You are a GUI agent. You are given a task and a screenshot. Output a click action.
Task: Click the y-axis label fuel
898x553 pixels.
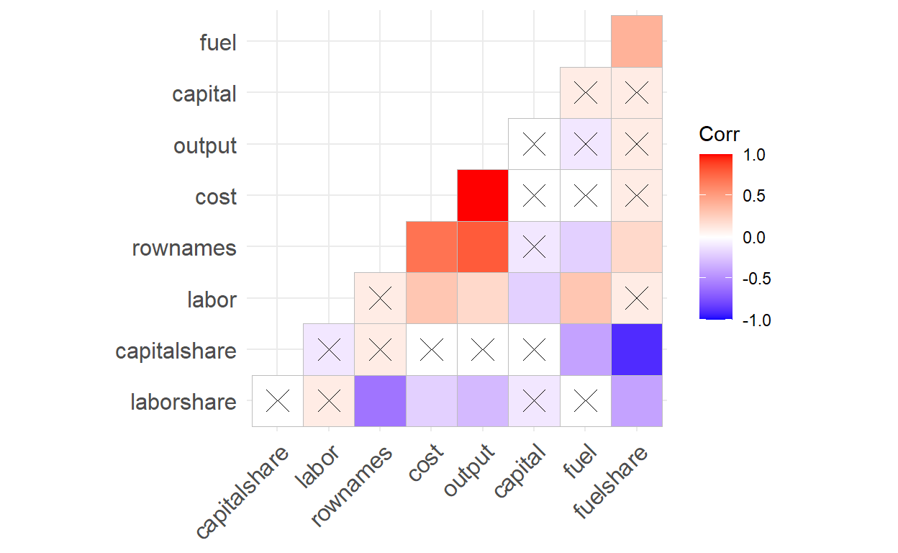point(217,42)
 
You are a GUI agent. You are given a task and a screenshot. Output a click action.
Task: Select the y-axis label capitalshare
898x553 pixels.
point(176,351)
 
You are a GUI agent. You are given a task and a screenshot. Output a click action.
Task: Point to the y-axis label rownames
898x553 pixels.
point(184,248)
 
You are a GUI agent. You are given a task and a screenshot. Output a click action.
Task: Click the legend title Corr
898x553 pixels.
point(719,135)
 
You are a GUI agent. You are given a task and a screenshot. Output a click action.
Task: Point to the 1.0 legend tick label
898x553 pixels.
point(755,155)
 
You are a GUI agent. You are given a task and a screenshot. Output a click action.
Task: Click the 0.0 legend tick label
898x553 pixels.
point(755,238)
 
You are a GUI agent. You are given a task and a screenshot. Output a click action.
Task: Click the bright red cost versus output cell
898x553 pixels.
point(483,196)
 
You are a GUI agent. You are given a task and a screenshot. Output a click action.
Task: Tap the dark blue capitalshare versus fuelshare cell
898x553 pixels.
point(637,350)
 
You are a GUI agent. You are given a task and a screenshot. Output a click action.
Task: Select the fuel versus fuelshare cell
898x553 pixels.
point(637,41)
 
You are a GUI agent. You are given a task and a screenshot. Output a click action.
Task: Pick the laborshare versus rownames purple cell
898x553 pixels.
point(380,401)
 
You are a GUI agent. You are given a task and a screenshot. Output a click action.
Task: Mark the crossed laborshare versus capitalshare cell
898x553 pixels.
point(277,401)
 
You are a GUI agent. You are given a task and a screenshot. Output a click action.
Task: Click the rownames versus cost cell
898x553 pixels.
point(432,247)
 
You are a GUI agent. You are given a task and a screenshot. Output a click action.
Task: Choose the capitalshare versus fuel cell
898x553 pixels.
point(585,350)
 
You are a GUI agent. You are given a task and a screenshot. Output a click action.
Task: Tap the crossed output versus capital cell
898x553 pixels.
point(534,145)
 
